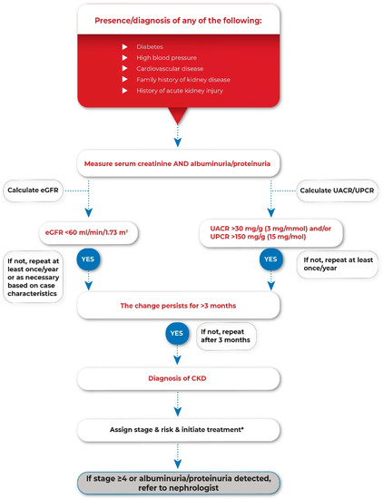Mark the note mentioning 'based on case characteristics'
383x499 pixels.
tap(34, 277)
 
